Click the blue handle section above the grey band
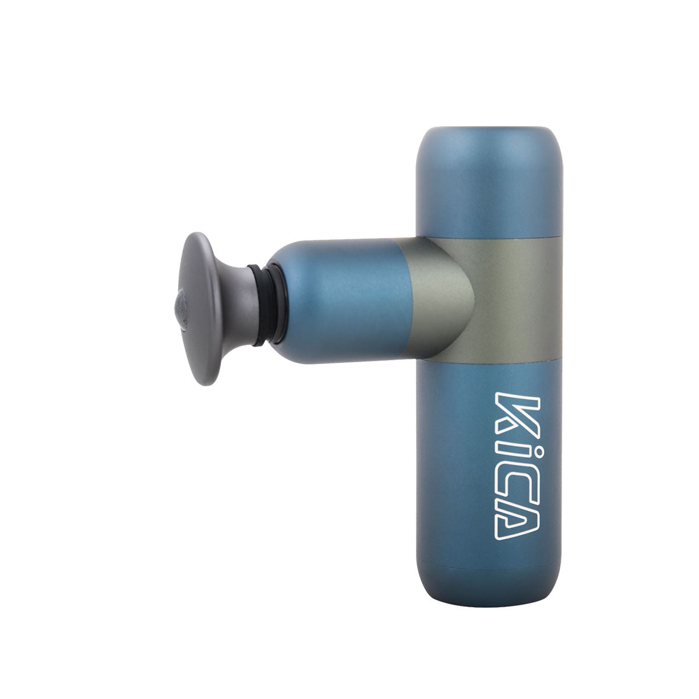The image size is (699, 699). coord(483,192)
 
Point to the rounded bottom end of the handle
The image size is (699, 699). coord(483,582)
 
